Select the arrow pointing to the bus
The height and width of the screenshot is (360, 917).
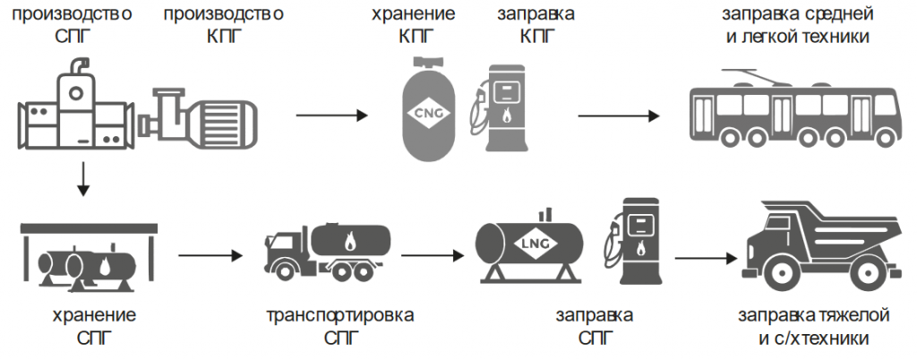(x=619, y=116)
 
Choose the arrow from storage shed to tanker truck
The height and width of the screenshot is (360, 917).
(x=210, y=256)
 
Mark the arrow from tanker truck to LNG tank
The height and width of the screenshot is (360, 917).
(x=433, y=256)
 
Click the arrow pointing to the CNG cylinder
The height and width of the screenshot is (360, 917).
(x=330, y=116)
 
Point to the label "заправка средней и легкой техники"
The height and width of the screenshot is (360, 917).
(x=796, y=27)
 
